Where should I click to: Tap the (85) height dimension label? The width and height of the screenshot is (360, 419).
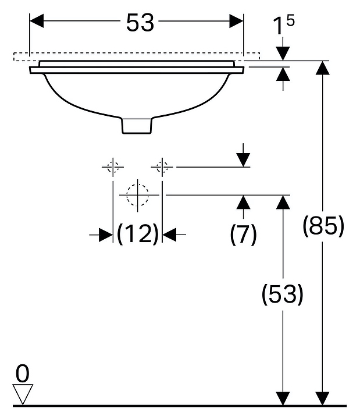pyautogui.click(x=324, y=226)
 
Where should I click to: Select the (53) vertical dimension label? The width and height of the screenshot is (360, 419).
pyautogui.click(x=282, y=295)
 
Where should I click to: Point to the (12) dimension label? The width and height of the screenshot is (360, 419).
pyautogui.click(x=137, y=234)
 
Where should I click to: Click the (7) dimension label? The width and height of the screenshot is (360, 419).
pyautogui.click(x=243, y=234)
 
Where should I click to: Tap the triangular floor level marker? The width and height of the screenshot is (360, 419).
pyautogui.click(x=23, y=394)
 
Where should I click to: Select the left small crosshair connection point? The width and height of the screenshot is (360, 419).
pyautogui.click(x=113, y=167)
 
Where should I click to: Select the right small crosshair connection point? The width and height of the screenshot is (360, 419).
pyautogui.click(x=162, y=167)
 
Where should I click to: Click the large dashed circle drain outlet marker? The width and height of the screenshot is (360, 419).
pyautogui.click(x=138, y=195)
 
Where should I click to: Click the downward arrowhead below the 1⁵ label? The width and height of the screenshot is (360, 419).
pyautogui.click(x=283, y=53)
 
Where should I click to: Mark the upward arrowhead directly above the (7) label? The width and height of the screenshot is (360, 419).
pyautogui.click(x=243, y=203)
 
